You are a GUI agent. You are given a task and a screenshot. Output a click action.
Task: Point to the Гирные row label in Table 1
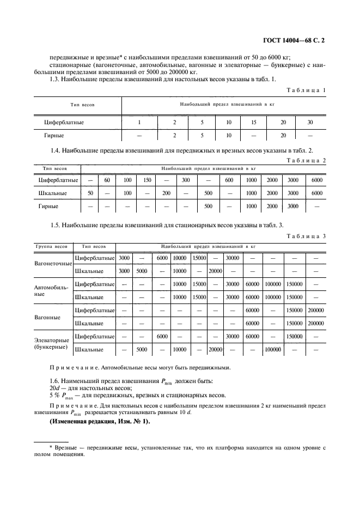54,135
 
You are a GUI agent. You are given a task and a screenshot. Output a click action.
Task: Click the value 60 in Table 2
107,180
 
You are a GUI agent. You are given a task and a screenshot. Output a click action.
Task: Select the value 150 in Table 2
148,180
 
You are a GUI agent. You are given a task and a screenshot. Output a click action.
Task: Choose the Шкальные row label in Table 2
53,193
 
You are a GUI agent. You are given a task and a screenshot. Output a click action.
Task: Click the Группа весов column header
51,246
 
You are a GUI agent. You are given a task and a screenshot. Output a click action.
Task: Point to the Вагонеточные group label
53,264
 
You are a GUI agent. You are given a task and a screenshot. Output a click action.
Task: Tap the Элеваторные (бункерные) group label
52,343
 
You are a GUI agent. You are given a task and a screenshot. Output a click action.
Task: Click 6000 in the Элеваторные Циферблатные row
162,336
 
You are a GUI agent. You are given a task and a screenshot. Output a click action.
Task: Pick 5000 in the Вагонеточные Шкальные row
142,270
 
